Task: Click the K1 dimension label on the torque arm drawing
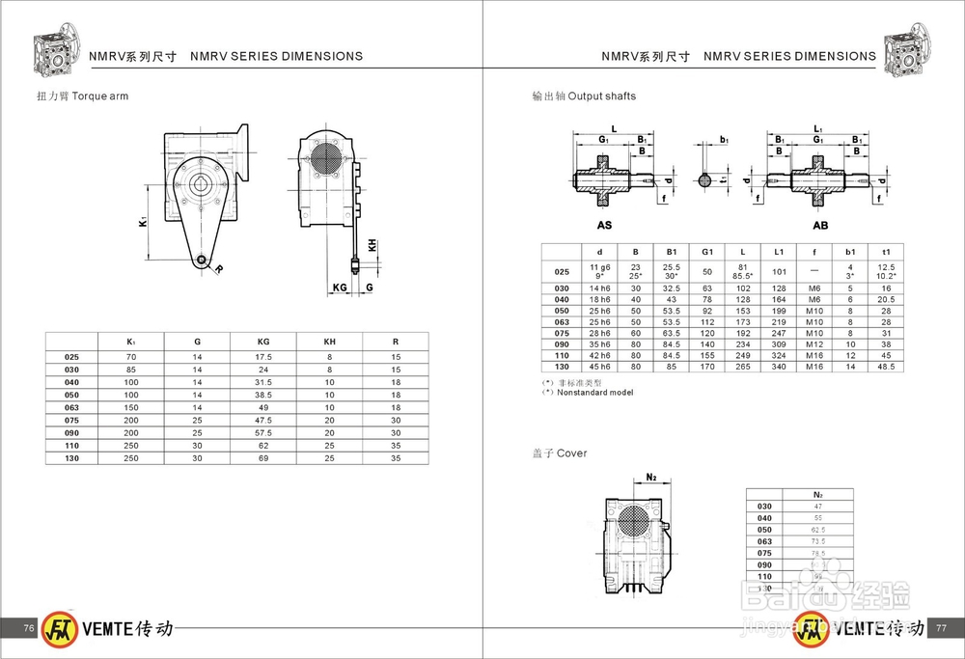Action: [142, 222]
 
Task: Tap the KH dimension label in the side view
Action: [372, 245]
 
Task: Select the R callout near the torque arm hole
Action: [219, 269]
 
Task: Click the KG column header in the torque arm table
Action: [262, 340]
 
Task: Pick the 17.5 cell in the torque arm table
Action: [262, 357]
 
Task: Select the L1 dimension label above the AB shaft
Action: [818, 128]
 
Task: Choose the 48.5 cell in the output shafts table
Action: [887, 366]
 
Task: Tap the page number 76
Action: [29, 628]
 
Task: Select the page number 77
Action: [942, 628]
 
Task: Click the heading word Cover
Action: [571, 453]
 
